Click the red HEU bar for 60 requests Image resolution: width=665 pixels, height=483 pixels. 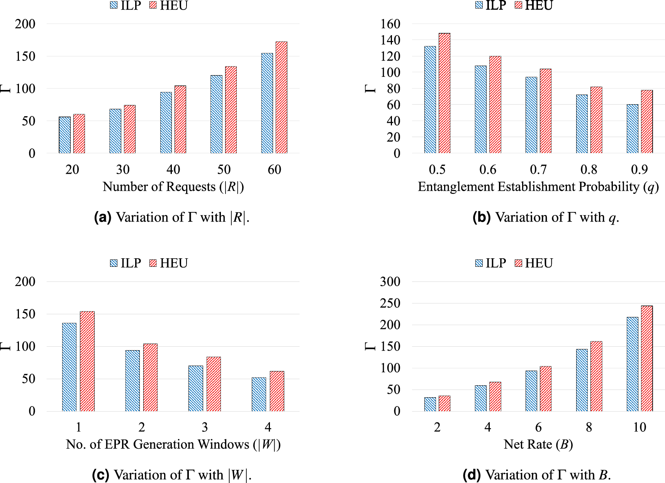point(281,97)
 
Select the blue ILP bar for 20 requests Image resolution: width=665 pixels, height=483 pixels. point(64,135)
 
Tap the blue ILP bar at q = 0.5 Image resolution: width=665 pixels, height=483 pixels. point(430,100)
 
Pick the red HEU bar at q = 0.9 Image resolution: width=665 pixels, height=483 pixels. point(646,122)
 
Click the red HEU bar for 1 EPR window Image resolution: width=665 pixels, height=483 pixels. point(87,361)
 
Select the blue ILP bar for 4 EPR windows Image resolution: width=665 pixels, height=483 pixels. point(259,394)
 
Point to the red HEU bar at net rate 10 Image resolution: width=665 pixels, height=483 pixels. point(646,358)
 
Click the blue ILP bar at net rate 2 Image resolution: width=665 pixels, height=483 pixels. point(430,404)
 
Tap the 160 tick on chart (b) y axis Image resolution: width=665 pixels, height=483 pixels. point(390,24)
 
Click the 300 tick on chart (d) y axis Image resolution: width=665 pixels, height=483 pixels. point(390,281)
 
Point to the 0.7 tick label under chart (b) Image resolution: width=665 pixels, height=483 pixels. point(538,169)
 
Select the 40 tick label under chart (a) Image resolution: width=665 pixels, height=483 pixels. point(173,169)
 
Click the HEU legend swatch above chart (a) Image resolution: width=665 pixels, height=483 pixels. point(153,5)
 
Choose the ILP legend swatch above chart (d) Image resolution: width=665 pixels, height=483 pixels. point(479,263)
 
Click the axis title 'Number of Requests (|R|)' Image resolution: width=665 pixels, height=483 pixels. point(173,187)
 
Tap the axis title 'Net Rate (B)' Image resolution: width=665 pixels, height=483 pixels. point(538,444)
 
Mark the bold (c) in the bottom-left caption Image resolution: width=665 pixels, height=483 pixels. point(101,475)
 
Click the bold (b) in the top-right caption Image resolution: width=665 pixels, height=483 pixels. point(481,217)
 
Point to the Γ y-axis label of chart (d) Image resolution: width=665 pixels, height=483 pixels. point(370,346)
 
